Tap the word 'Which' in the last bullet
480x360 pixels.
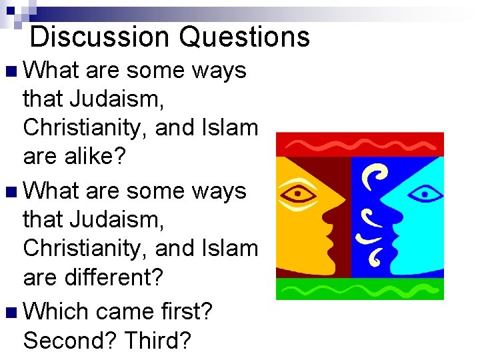[59, 311]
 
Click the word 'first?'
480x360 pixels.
[185, 311]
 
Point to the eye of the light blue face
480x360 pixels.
[425, 194]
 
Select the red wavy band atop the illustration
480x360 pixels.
[360, 143]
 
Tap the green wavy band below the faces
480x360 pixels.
[360, 289]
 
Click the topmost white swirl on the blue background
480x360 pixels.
[374, 175]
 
